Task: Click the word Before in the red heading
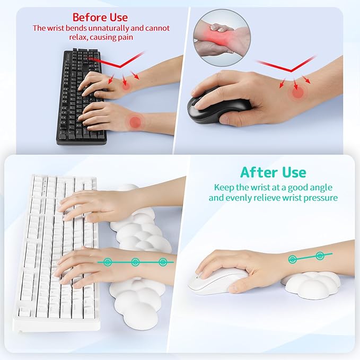point(87,17)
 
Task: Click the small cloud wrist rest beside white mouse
point(310,284)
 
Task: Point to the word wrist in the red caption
point(57,28)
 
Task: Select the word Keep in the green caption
point(224,187)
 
